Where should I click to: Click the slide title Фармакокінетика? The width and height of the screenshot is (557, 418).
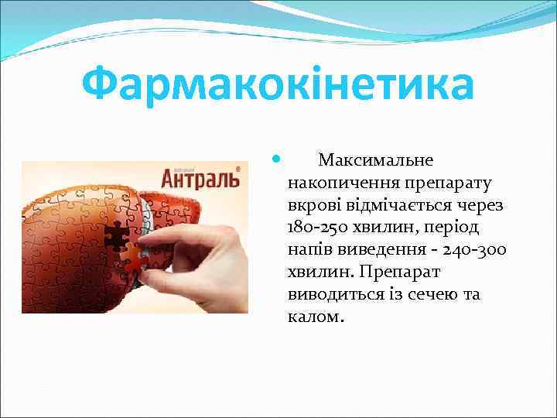pyautogui.click(x=278, y=85)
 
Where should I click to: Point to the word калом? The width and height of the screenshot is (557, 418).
pyautogui.click(x=313, y=318)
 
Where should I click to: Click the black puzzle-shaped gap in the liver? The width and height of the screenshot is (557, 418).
pyautogui.click(x=116, y=235)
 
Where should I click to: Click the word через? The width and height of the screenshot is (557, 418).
pyautogui.click(x=480, y=206)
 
